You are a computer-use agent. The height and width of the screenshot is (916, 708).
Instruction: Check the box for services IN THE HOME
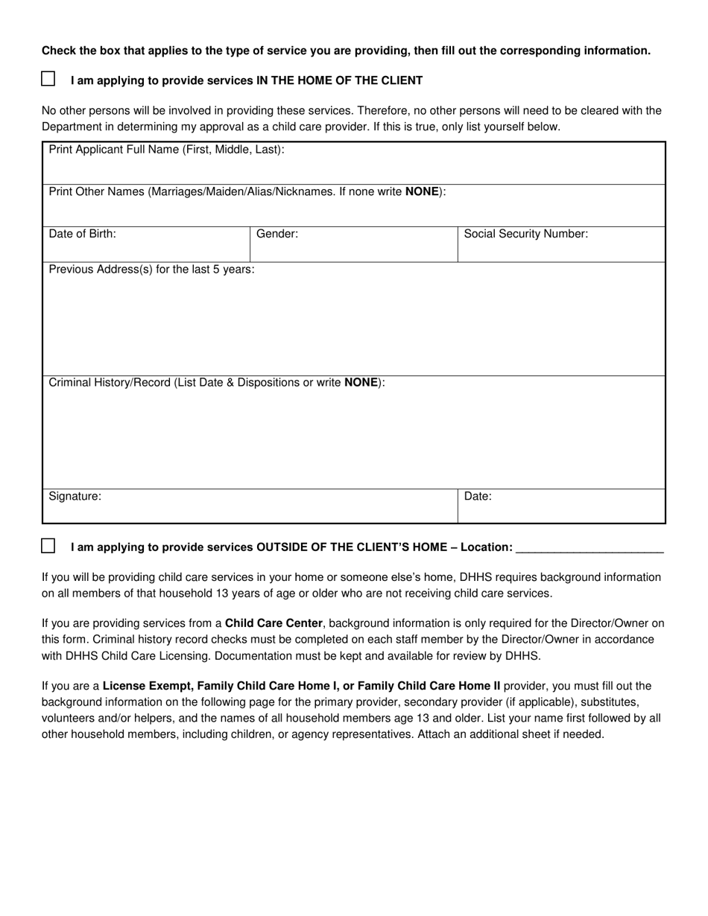48,79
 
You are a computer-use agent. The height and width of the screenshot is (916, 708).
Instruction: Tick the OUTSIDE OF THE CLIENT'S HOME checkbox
48,546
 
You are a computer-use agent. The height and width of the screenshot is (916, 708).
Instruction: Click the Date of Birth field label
82,234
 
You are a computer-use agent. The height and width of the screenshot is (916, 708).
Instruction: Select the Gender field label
277,234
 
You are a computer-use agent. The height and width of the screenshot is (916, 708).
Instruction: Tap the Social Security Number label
525,234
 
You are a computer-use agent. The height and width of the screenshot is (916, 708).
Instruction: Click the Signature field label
75,496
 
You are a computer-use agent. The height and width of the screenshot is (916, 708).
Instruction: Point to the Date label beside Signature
478,496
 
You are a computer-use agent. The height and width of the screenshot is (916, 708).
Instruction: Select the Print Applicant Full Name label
166,150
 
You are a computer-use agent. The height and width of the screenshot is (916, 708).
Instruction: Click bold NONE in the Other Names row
422,191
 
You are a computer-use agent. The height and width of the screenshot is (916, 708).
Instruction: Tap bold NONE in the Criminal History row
361,383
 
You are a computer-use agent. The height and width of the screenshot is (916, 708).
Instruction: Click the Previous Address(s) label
151,270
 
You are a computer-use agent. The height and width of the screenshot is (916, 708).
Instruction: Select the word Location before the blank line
486,547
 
